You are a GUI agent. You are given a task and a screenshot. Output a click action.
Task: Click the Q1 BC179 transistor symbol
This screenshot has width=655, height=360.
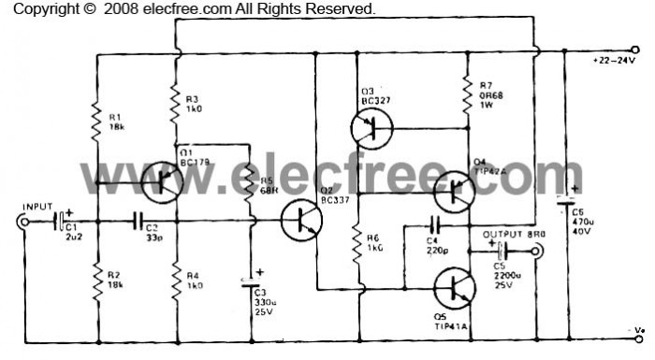[x=161, y=181]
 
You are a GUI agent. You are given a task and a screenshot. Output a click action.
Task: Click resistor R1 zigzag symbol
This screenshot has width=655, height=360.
[x=96, y=117]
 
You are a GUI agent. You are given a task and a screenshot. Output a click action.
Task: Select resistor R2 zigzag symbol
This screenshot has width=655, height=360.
[x=96, y=275]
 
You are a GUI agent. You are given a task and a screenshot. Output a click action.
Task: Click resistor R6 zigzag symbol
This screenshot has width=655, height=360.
[x=356, y=245]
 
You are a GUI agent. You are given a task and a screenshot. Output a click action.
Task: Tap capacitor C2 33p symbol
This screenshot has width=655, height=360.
[x=138, y=222]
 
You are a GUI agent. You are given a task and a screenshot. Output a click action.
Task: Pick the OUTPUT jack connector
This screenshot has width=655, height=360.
[x=539, y=251]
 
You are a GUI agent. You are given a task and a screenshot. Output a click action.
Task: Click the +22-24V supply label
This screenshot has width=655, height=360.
[x=614, y=60]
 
